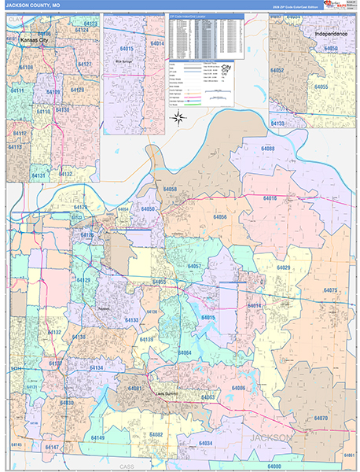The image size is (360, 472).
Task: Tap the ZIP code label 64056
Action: pyautogui.click(x=219, y=216)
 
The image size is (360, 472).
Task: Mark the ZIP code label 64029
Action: pyautogui.click(x=282, y=267)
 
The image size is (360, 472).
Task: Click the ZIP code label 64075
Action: pyautogui.click(x=330, y=290)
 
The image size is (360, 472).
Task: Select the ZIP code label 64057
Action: pyautogui.click(x=195, y=267)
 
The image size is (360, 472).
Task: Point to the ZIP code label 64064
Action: pyautogui.click(x=184, y=352)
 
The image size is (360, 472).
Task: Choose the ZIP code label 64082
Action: pyautogui.click(x=156, y=434)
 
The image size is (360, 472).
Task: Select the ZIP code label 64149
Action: pyautogui.click(x=97, y=437)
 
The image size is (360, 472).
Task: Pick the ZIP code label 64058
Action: pyautogui.click(x=170, y=190)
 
